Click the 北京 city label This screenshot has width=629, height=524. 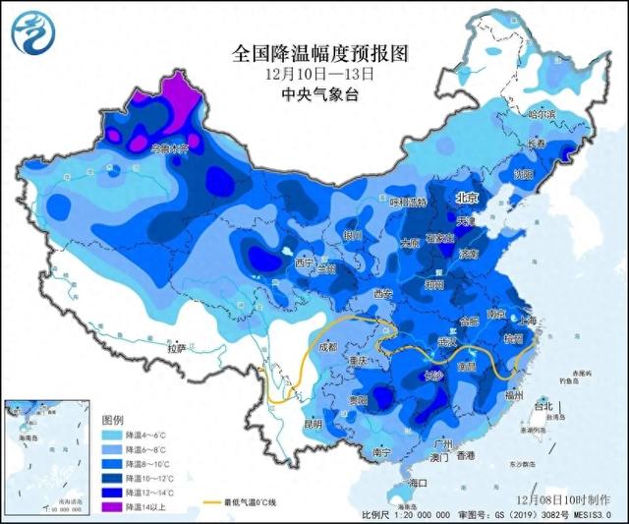(467, 199)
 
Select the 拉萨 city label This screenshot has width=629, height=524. (176, 348)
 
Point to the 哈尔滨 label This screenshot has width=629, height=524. (541, 115)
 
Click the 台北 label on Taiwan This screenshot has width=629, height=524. (543, 406)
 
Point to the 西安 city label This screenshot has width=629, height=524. (381, 294)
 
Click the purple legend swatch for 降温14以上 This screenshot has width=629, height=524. (112, 507)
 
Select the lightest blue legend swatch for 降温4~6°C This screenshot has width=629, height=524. (112, 434)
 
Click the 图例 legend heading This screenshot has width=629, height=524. (114, 418)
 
